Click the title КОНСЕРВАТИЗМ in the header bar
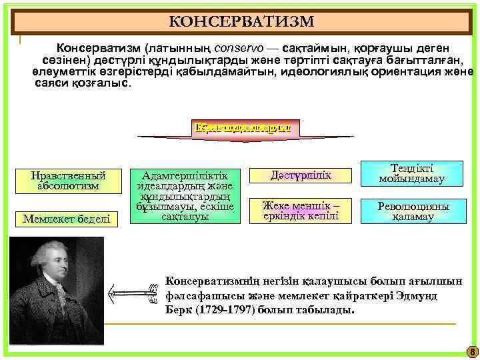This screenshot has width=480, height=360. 241,22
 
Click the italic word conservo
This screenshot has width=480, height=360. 248,49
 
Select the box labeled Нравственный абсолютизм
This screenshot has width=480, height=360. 69,181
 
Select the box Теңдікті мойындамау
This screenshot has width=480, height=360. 411,174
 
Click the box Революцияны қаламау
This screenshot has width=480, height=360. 411,211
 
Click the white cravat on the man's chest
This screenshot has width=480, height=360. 63,297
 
